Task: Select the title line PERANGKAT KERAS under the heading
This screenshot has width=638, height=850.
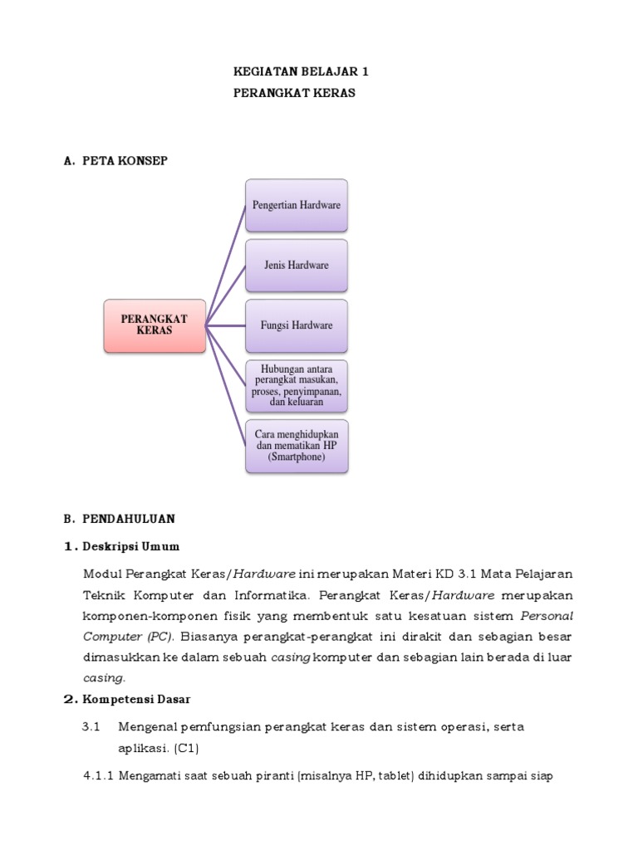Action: click(295, 94)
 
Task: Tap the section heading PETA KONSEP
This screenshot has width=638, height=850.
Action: click(125, 161)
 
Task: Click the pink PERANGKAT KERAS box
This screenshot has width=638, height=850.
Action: click(154, 325)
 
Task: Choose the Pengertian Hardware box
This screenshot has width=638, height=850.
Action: click(297, 205)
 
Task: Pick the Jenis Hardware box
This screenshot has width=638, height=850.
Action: click(297, 266)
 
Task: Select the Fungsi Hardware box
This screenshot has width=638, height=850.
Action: click(297, 325)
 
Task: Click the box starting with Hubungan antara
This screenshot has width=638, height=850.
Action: click(297, 386)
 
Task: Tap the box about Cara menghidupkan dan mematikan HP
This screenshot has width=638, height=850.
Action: click(297, 446)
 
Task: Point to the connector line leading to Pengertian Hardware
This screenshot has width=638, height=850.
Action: click(226, 264)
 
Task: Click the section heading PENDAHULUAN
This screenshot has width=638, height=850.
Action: click(129, 519)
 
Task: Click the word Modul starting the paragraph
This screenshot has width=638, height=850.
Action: click(101, 574)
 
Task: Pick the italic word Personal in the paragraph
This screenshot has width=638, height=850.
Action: click(547, 616)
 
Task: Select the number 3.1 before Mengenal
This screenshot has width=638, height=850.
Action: click(91, 727)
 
